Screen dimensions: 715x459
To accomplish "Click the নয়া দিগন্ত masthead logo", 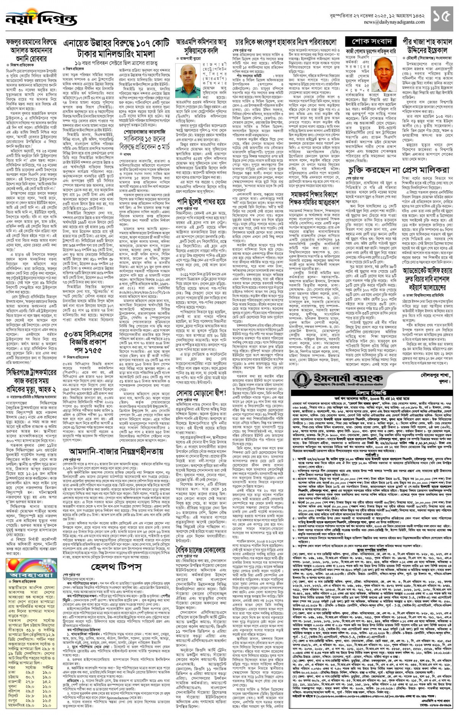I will coord(27,19).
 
